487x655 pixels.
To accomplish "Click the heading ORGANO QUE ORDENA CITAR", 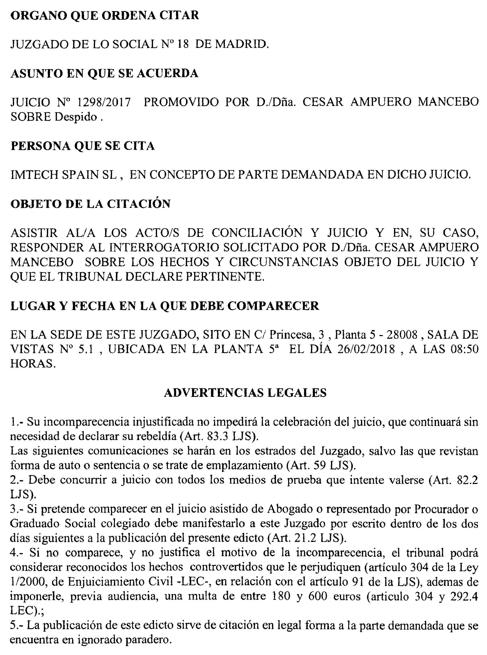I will (x=105, y=15).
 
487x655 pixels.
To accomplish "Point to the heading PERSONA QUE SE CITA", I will (x=82, y=146).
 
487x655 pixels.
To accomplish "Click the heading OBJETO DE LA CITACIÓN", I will (x=90, y=204).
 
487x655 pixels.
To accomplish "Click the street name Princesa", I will (x=291, y=335).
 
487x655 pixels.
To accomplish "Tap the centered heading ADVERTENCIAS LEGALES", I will (x=245, y=393).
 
